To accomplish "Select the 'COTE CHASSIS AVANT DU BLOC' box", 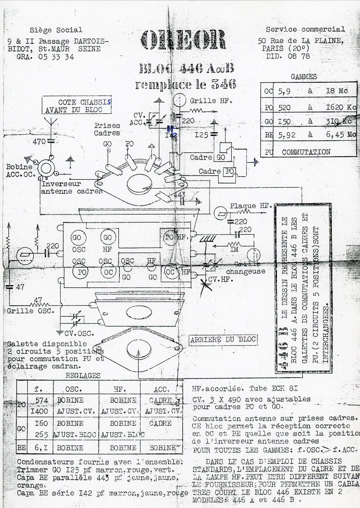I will [x=78, y=106].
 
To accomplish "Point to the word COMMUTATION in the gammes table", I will [x=306, y=152].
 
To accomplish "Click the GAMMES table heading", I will [x=304, y=77].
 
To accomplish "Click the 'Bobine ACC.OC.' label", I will [x=20, y=171].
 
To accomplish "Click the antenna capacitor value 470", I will [x=39, y=141].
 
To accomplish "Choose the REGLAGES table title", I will [x=83, y=375].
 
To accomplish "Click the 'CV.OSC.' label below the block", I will [x=79, y=333].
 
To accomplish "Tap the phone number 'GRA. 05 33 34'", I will [x=45, y=56].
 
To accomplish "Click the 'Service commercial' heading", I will [x=305, y=29].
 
